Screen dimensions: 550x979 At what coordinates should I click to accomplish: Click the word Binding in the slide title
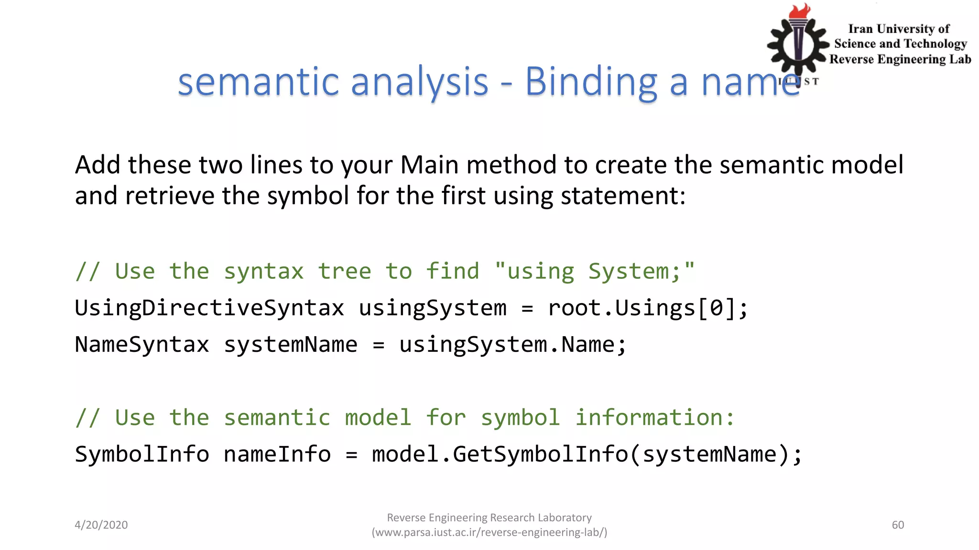pyautogui.click(x=591, y=82)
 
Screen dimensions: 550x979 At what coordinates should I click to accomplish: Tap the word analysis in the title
pyautogui.click(x=420, y=82)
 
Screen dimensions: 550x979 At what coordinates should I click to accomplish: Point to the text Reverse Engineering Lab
pyautogui.click(x=900, y=59)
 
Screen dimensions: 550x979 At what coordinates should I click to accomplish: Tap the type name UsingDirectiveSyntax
pyautogui.click(x=209, y=308)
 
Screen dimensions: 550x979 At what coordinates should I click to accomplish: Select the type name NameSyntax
pyautogui.click(x=142, y=345)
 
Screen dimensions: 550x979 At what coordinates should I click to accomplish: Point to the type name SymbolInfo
pyautogui.click(x=142, y=454)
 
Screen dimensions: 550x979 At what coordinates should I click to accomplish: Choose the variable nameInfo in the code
pyautogui.click(x=277, y=454)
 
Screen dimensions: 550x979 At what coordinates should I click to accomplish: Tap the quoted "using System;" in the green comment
pyautogui.click(x=595, y=272)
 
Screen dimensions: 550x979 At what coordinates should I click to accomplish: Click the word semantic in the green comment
pyautogui.click(x=277, y=418)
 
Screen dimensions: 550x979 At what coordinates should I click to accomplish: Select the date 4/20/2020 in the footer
pyautogui.click(x=101, y=525)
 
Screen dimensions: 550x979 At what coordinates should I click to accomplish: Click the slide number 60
pyautogui.click(x=898, y=525)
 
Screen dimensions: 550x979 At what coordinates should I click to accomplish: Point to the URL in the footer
pyautogui.click(x=489, y=532)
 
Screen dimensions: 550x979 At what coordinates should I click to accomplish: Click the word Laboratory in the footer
pyautogui.click(x=564, y=518)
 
